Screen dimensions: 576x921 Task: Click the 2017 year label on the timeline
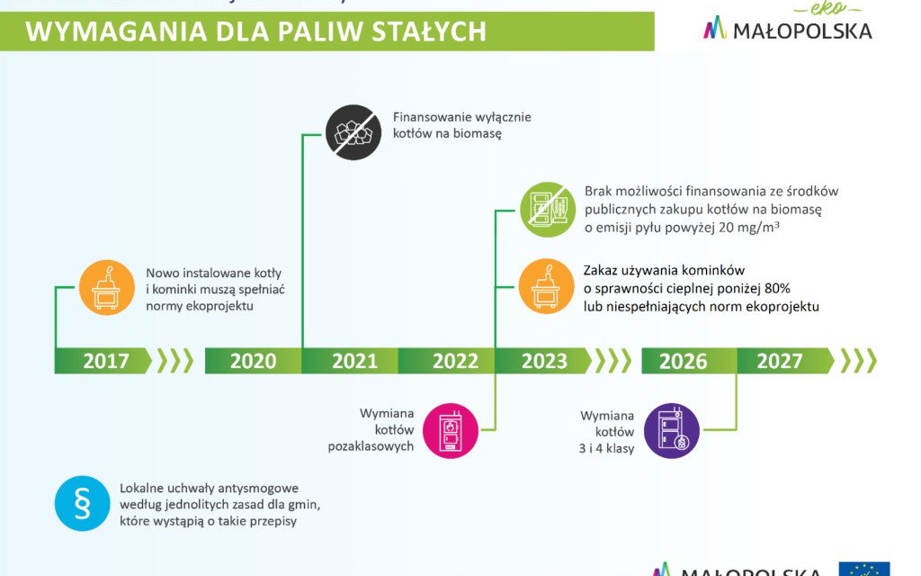pyautogui.click(x=106, y=361)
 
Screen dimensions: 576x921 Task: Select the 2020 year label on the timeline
pyautogui.click(x=253, y=361)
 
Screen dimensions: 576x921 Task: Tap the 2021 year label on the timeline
pyautogui.click(x=354, y=361)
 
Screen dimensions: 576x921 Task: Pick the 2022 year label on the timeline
pyautogui.click(x=455, y=361)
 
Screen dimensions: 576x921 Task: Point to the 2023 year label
pyautogui.click(x=544, y=361)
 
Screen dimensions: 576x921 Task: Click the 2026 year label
pyautogui.click(x=683, y=361)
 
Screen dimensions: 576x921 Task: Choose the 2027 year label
pyautogui.click(x=779, y=361)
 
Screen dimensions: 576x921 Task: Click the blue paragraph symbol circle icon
pyautogui.click(x=82, y=503)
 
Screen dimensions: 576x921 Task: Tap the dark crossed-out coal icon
pyautogui.click(x=353, y=132)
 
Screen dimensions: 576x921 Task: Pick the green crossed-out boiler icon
pyautogui.click(x=548, y=209)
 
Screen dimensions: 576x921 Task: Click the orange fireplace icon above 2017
pyautogui.click(x=107, y=287)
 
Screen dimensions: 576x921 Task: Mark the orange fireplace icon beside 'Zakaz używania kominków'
pyautogui.click(x=548, y=287)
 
